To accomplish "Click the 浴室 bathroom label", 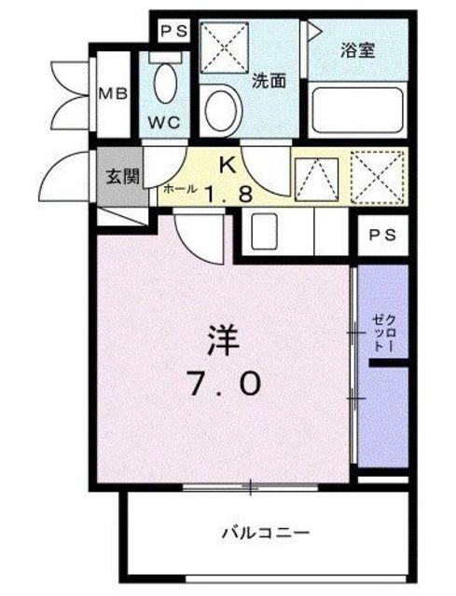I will [x=358, y=50].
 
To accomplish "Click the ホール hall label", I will [x=180, y=189].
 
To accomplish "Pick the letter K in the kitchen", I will [x=226, y=165].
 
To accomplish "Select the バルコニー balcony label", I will [x=266, y=533].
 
